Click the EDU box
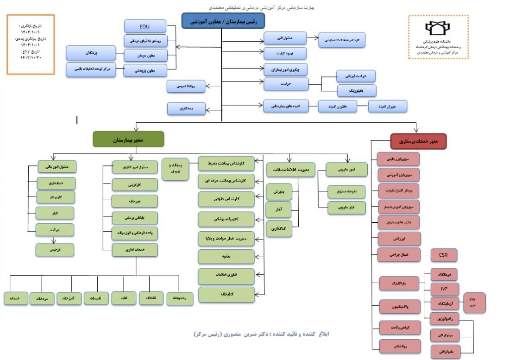coord(145,26)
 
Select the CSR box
coord(444,254)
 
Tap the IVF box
coord(444,289)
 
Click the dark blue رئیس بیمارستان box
coord(222,21)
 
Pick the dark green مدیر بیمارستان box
coord(128,139)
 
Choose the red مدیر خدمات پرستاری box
coord(418,141)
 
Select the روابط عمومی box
coord(186,86)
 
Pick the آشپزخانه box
coord(69,299)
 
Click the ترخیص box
coord(56,250)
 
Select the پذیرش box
coord(279,191)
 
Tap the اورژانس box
coord(399,239)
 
